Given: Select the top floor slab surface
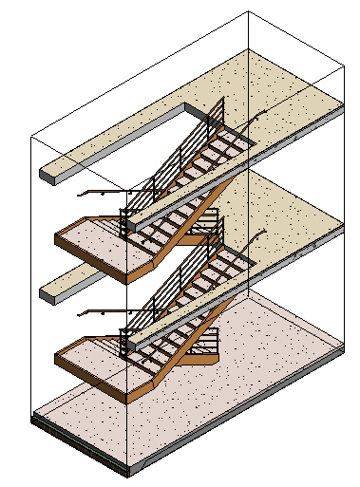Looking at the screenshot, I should (275, 90).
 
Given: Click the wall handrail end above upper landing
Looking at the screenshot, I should (80, 193).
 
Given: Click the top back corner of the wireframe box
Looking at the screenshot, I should (248, 12).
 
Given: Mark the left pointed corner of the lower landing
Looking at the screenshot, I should (57, 354).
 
